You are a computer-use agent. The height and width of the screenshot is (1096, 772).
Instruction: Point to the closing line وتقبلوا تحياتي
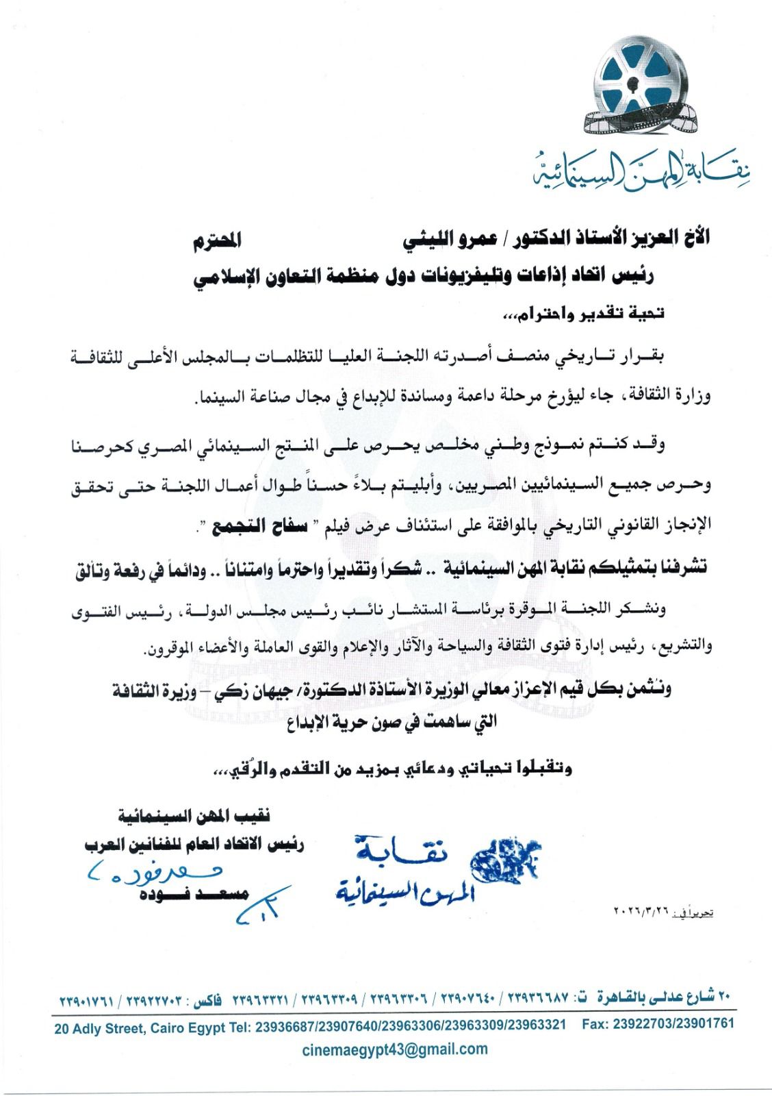394,769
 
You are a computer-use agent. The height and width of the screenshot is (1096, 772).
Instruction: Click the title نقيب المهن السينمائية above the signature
194,817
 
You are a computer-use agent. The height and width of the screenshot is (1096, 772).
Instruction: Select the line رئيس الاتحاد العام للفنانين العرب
194,845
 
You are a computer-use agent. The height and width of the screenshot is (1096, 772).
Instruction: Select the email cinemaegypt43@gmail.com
396,1049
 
